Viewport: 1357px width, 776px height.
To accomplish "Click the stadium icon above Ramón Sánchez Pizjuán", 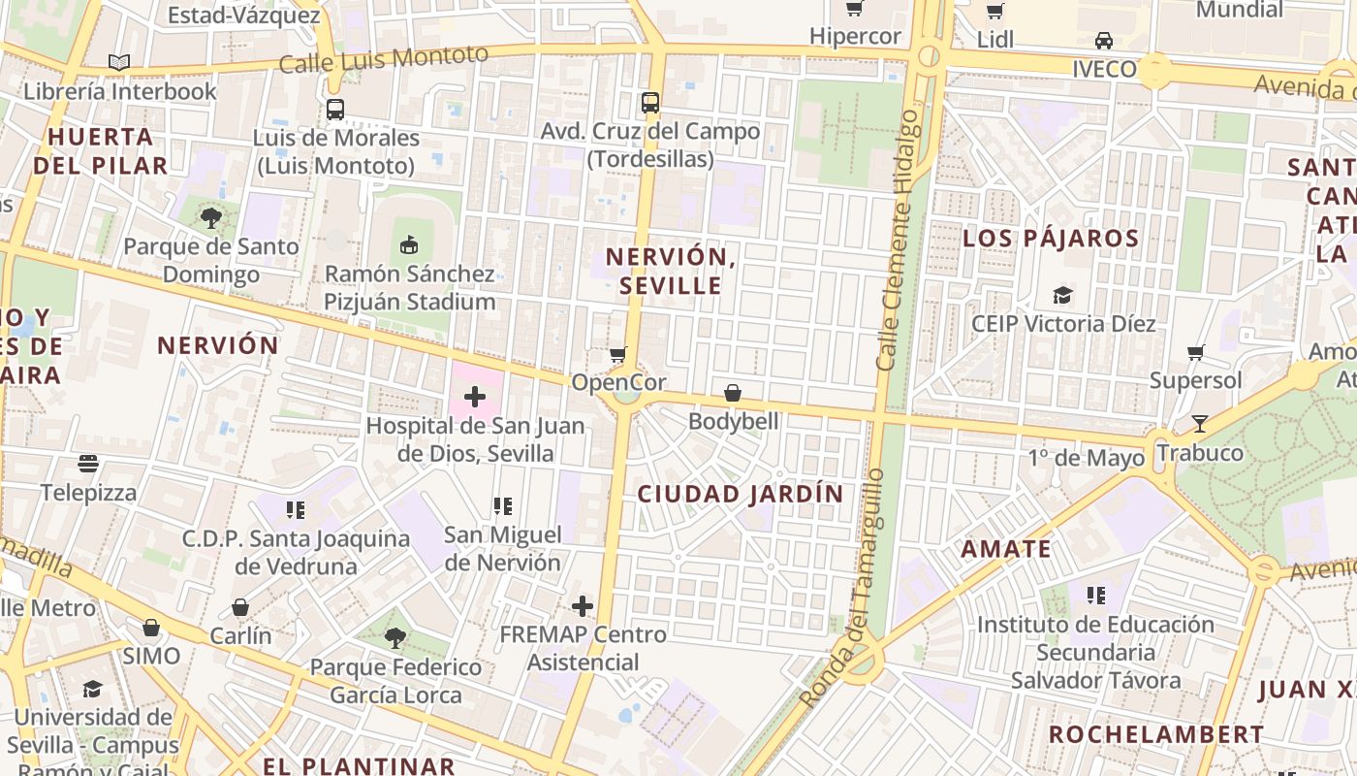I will coord(409,244).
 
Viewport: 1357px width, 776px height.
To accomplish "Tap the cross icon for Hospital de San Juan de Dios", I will coord(475,396).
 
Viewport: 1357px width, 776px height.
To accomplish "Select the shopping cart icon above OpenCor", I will coord(617,354).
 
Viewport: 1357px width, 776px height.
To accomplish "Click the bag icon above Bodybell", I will coord(733,393).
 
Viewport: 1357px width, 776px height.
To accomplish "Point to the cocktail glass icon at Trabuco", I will coord(1199,424).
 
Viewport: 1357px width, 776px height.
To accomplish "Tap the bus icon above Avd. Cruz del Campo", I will coord(650,102).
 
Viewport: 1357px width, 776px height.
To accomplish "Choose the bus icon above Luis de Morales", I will coord(335,110).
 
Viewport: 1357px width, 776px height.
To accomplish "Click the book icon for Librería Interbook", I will coord(119,63).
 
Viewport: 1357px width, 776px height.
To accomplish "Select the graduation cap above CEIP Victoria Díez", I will coord(1063,295).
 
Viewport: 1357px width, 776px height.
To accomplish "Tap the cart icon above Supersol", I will coord(1196,352).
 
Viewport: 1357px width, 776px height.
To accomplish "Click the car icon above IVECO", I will coord(1104,41).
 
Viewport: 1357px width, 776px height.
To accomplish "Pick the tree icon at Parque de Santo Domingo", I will coord(211,217).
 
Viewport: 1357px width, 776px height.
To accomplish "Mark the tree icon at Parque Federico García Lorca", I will coord(394,638).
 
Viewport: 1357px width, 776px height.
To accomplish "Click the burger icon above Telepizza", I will coord(88,464).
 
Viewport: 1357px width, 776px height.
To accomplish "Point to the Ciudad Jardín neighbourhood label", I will coord(741,494).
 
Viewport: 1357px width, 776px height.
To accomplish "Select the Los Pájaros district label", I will coord(1051,239).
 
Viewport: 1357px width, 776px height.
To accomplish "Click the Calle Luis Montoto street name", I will coord(383,59).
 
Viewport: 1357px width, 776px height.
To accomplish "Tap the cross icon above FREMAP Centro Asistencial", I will coord(583,606).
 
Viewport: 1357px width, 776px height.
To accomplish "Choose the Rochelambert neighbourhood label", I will coord(1156,734).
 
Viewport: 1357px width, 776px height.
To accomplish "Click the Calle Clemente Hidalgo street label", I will coord(898,239).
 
